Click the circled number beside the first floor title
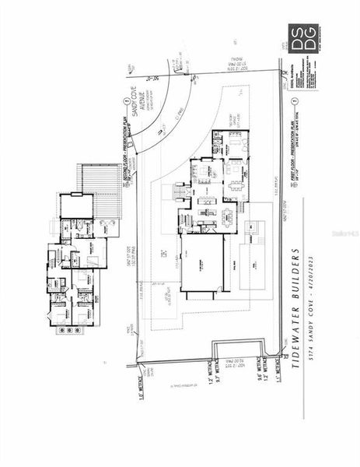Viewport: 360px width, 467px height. (x=294, y=103)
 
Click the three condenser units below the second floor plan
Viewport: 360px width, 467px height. (x=68, y=330)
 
